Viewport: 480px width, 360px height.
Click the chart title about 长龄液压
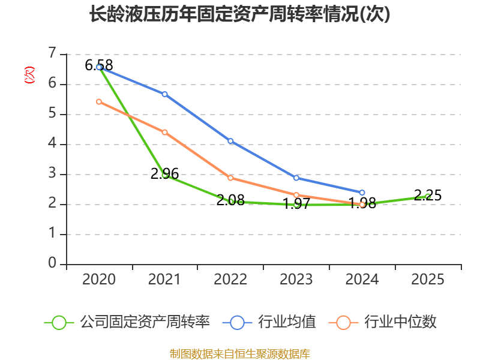pyautogui.click(x=239, y=14)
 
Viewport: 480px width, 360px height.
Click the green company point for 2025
pyautogui.click(x=428, y=196)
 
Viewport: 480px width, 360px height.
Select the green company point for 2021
pyautogui.click(x=165, y=175)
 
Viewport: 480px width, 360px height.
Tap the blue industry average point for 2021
pyautogui.click(x=165, y=94)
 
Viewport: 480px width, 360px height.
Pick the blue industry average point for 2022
pyautogui.click(x=230, y=141)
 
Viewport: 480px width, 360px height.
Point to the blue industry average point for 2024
pyautogui.click(x=362, y=193)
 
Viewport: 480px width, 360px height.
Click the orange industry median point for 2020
pyautogui.click(x=99, y=101)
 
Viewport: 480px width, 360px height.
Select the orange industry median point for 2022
pyautogui.click(x=230, y=178)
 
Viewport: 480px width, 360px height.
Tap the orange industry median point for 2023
pyautogui.click(x=296, y=195)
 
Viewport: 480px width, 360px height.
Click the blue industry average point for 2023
pyautogui.click(x=296, y=178)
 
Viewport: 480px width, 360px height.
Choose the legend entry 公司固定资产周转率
pyautogui.click(x=127, y=322)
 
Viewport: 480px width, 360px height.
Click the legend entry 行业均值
pyautogui.click(x=270, y=322)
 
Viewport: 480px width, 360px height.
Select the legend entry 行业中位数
pyautogui.click(x=383, y=322)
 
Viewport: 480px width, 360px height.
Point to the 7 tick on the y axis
pyautogui.click(x=53, y=54)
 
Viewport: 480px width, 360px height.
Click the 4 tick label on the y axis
pyautogui.click(x=53, y=144)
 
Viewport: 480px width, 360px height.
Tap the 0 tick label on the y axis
pyautogui.click(x=53, y=264)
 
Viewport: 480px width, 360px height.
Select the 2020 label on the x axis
pyautogui.click(x=99, y=280)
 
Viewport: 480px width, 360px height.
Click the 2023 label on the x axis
pyautogui.click(x=296, y=280)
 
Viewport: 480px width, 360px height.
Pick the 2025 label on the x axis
pyautogui.click(x=428, y=280)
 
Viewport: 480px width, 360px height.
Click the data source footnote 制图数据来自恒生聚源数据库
pyautogui.click(x=239, y=353)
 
